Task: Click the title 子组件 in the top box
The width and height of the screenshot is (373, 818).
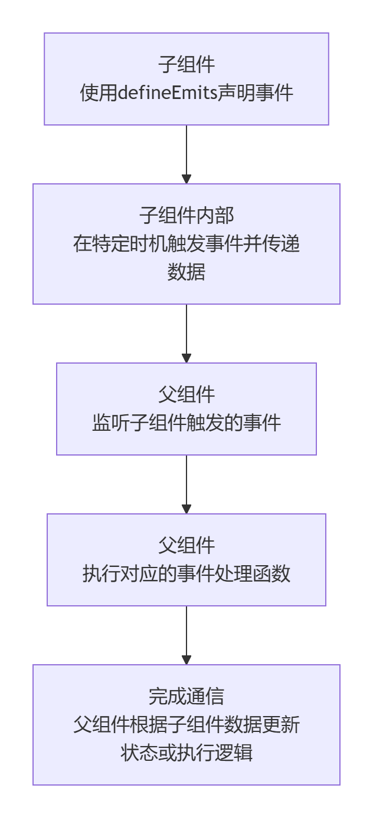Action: coord(186,64)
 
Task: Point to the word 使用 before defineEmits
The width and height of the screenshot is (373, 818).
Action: coord(99,93)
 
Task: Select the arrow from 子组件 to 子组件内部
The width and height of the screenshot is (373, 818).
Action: coord(186,154)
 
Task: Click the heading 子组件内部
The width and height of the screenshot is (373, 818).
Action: coord(186,215)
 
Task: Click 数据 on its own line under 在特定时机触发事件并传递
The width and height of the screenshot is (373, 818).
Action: coord(186,272)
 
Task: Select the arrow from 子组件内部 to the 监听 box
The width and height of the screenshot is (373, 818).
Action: coord(186,334)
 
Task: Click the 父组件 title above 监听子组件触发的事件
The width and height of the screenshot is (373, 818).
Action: coord(186,394)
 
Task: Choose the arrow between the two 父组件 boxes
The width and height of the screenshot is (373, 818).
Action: coord(186,484)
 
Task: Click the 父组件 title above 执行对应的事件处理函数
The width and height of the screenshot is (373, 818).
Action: coord(186,545)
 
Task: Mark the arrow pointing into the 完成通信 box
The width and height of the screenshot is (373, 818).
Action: coord(186,635)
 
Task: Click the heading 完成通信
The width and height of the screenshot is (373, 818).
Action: coord(186,697)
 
